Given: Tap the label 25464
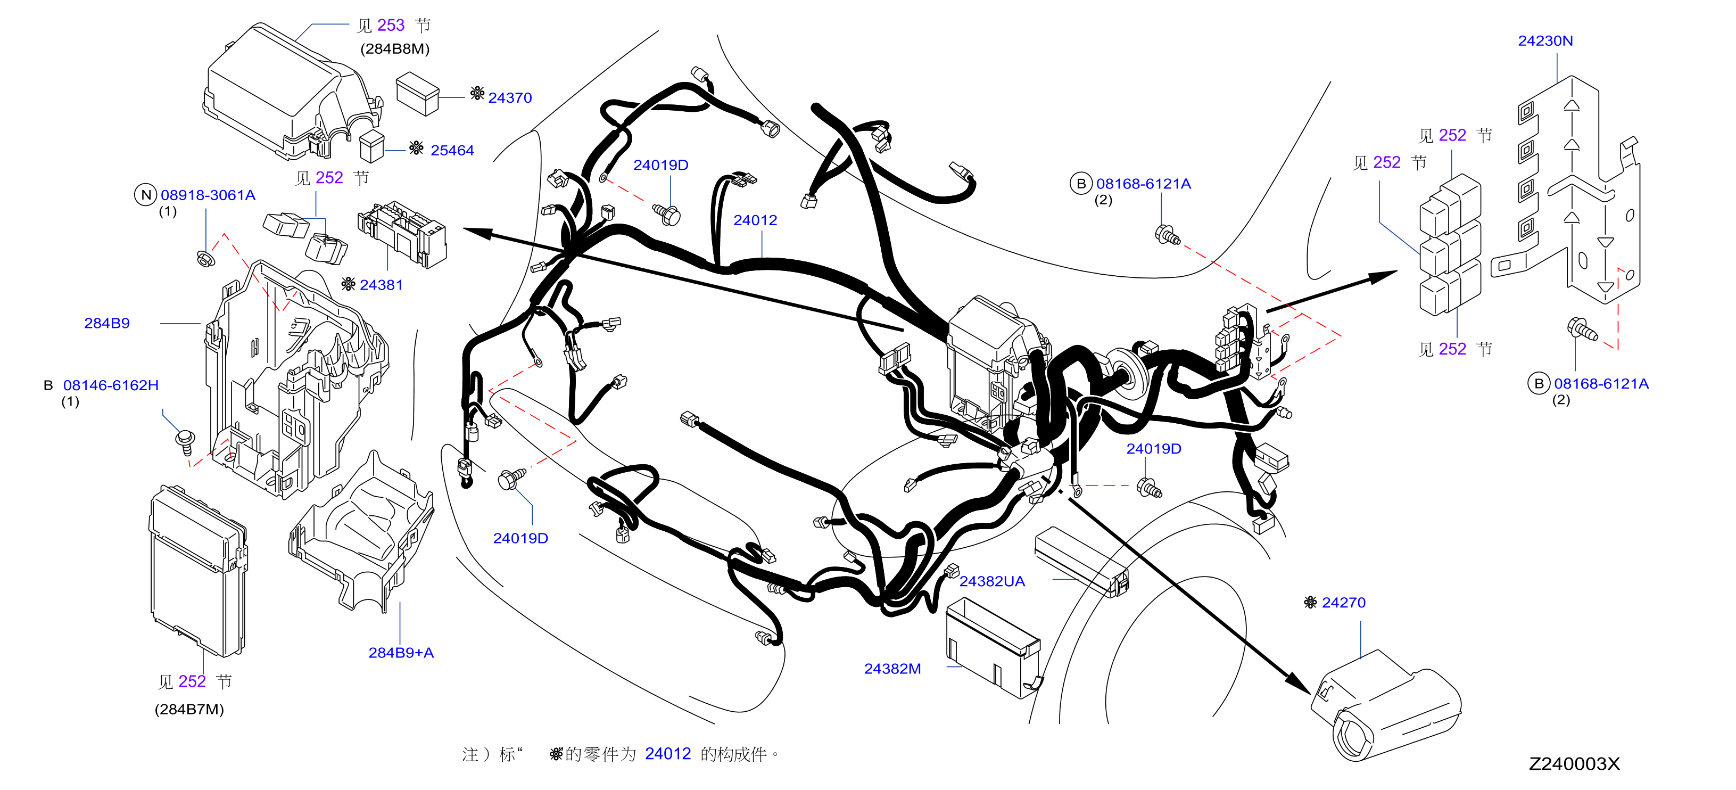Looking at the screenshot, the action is click(x=452, y=150).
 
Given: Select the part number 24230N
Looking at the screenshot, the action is click(x=1545, y=40).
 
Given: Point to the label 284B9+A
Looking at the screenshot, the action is click(x=401, y=653).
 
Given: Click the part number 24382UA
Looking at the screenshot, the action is click(x=992, y=581).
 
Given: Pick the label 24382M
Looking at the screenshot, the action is click(x=892, y=669).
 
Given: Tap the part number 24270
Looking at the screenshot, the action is click(x=1344, y=603).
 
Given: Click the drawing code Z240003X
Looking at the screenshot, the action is click(x=1574, y=764).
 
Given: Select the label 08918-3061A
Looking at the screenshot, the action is click(x=208, y=195).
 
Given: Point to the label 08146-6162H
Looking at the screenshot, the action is click(x=111, y=385).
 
